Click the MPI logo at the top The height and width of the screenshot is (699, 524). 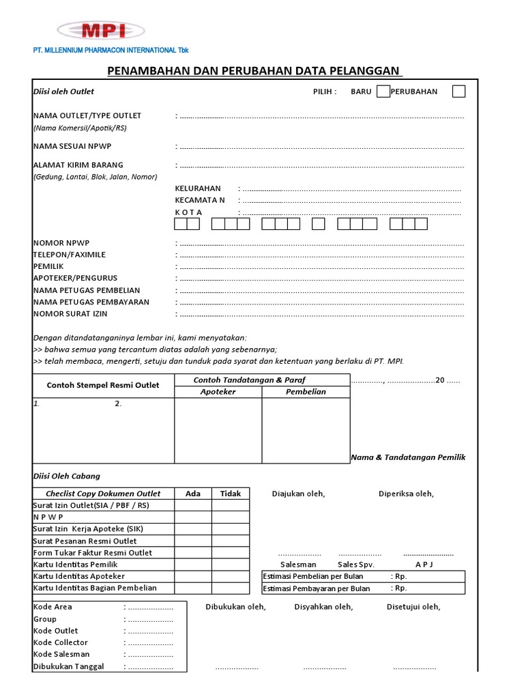pyautogui.click(x=100, y=30)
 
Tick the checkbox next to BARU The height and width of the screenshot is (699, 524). pyautogui.click(x=383, y=91)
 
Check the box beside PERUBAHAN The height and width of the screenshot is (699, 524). pyautogui.click(x=459, y=91)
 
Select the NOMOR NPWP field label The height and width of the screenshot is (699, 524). pyautogui.click(x=61, y=243)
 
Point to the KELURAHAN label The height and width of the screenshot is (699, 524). pyautogui.click(x=198, y=188)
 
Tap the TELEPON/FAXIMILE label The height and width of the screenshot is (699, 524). pyautogui.click(x=70, y=255)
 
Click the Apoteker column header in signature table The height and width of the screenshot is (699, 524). pyautogui.click(x=218, y=392)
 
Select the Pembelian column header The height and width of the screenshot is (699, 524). pyautogui.click(x=306, y=392)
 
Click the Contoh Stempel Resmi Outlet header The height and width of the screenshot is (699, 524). pyautogui.click(x=103, y=385)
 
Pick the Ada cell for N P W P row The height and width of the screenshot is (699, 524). pyautogui.click(x=193, y=517)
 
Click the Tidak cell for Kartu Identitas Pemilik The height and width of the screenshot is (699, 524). pyautogui.click(x=231, y=565)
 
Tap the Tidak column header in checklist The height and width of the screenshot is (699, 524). pyautogui.click(x=231, y=494)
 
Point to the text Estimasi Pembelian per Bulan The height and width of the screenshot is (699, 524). pyautogui.click(x=316, y=576)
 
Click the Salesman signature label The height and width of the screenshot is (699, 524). pyautogui.click(x=298, y=565)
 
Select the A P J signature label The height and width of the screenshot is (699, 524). pyautogui.click(x=424, y=565)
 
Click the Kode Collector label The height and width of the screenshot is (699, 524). pyautogui.click(x=61, y=642)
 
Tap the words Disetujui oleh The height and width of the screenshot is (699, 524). pyautogui.click(x=413, y=607)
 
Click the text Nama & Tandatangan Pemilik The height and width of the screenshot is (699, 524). pyautogui.click(x=408, y=457)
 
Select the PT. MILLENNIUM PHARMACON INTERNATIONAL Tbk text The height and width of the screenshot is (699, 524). pyautogui.click(x=111, y=51)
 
